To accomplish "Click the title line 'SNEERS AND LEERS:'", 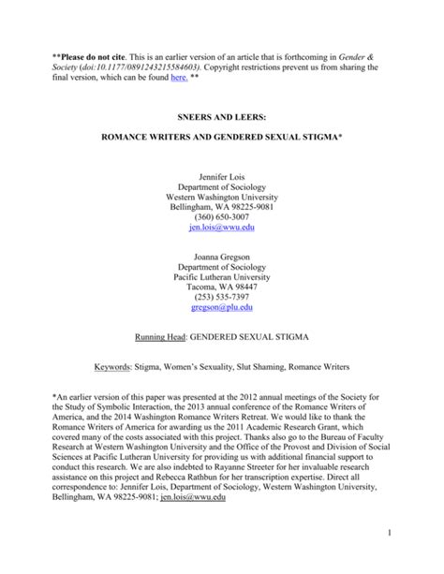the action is tap(221, 118).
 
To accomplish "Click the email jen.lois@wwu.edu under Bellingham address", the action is tap(221, 228).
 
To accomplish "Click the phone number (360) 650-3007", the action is tap(221, 215).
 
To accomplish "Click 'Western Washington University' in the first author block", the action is tap(221, 202).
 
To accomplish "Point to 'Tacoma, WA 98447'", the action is tap(221, 268).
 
